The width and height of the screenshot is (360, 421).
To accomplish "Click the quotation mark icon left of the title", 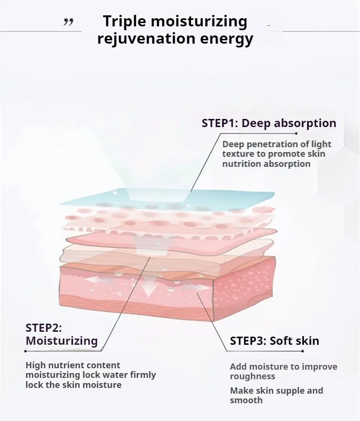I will click(69, 22).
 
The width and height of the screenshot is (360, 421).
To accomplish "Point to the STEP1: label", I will click(219, 123).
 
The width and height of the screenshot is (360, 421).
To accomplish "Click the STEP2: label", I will click(44, 328).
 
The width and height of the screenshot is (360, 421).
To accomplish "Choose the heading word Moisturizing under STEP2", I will click(61, 341).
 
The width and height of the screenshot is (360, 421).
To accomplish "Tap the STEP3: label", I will click(248, 341).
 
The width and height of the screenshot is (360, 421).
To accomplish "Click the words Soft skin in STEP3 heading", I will click(294, 341).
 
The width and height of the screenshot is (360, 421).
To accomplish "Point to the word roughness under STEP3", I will click(252, 376).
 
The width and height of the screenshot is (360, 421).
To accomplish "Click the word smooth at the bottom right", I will click(246, 400).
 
